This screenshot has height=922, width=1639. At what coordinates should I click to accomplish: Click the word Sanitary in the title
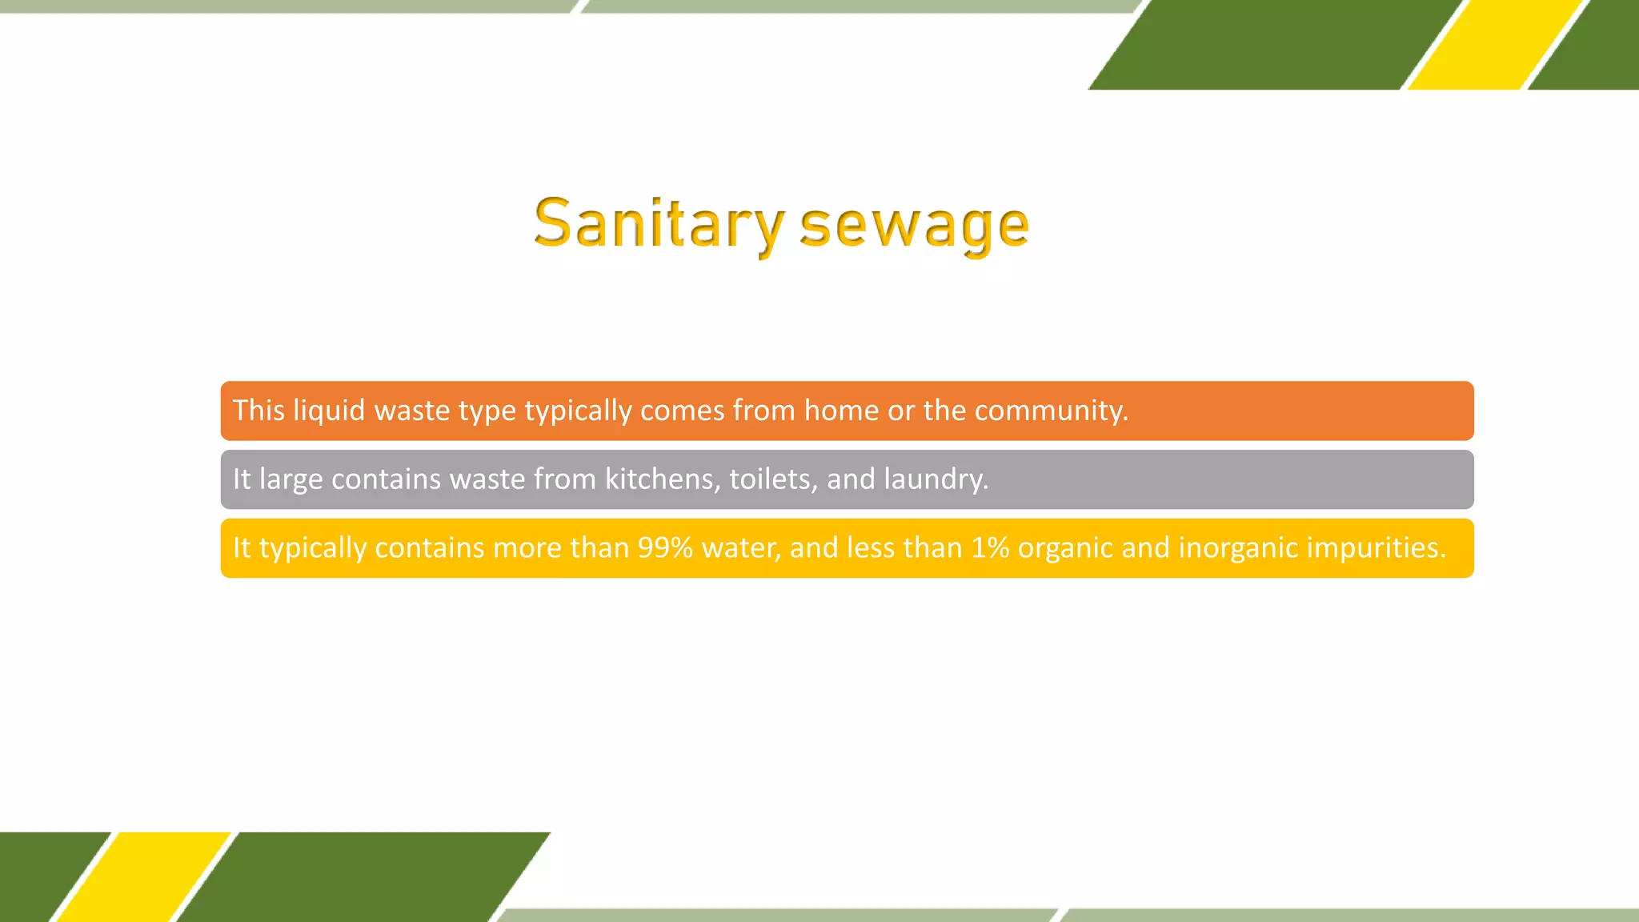click(x=658, y=225)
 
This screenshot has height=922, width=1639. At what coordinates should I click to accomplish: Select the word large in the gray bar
click(x=291, y=479)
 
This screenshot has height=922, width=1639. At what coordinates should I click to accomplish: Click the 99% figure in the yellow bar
click(x=665, y=547)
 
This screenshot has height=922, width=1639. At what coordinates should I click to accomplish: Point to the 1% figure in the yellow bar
click(x=990, y=547)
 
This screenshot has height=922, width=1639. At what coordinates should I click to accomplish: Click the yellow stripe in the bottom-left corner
click(x=144, y=877)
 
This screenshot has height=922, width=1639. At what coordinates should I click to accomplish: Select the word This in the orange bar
click(x=258, y=411)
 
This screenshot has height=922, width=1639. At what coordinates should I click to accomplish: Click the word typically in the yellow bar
click(x=313, y=548)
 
